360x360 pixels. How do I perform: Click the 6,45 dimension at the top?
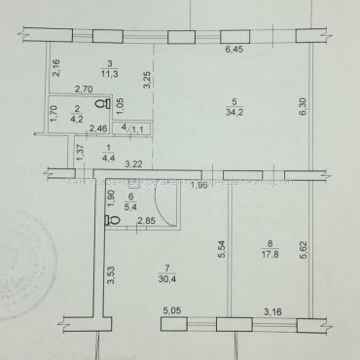coord(234,51)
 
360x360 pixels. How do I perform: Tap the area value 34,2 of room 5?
coord(231,113)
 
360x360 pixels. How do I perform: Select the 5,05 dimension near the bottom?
coord(172,311)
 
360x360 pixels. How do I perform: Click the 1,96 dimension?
coord(198,186)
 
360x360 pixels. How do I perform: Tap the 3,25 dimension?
coord(148,81)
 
